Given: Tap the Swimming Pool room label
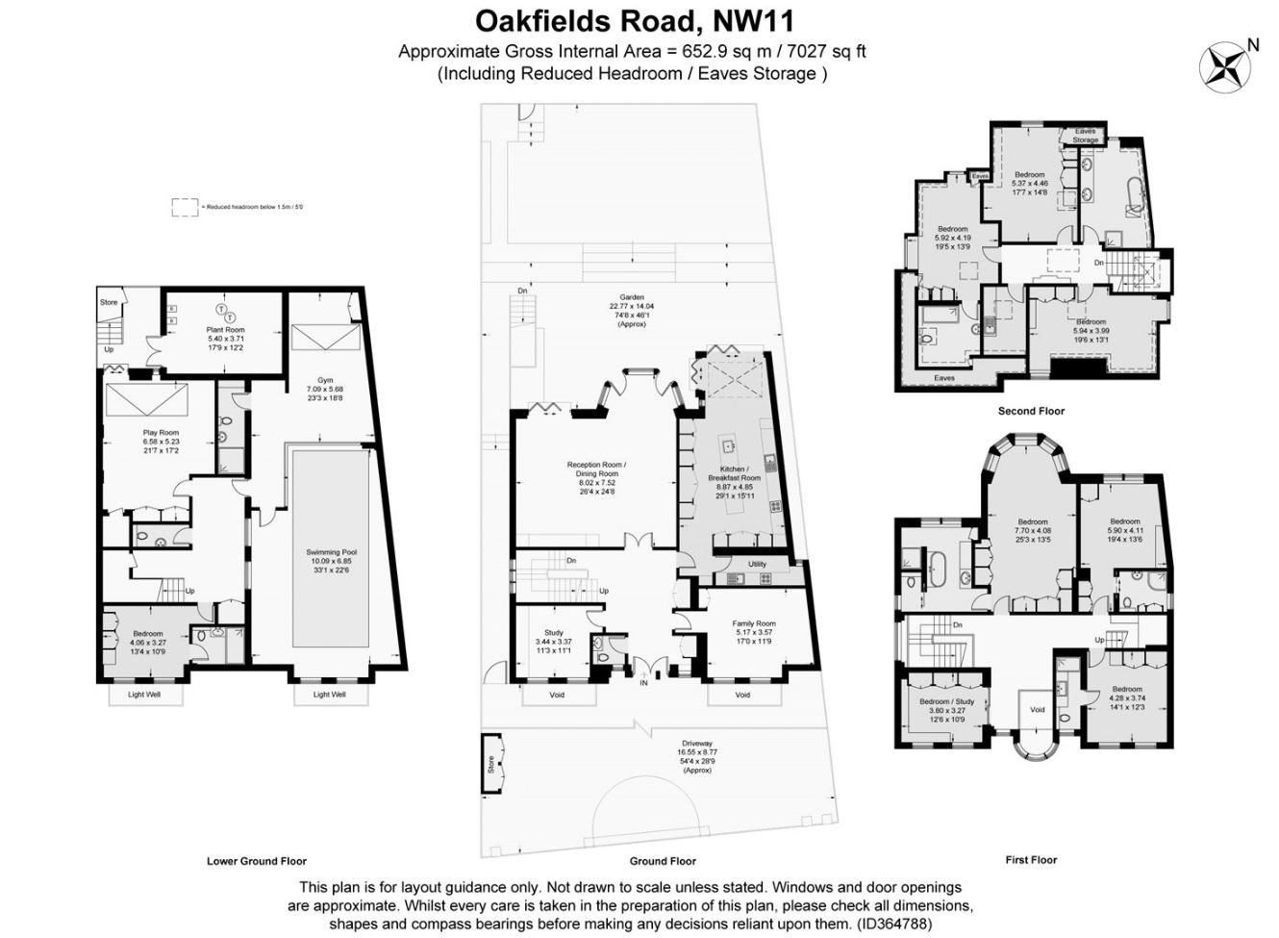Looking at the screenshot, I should (x=332, y=551).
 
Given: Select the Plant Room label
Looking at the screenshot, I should (x=226, y=330).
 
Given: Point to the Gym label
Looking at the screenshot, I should (x=326, y=381).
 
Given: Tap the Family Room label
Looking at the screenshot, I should (x=753, y=623).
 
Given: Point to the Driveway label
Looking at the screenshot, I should (x=697, y=744).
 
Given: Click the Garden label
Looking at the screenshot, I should (x=632, y=297).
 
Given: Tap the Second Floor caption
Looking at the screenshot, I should (x=1031, y=411).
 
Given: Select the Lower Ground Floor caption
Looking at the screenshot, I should (x=257, y=861).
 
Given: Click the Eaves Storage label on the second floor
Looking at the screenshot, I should (x=1085, y=136).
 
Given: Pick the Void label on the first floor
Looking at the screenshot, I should (x=1037, y=710).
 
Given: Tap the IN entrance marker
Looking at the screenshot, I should (x=643, y=683).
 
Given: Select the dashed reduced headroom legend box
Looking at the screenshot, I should (x=183, y=207).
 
